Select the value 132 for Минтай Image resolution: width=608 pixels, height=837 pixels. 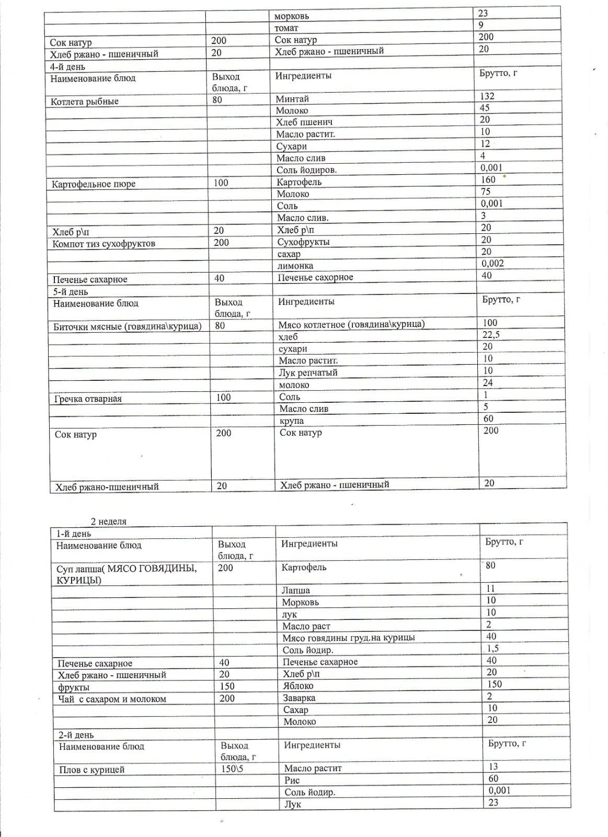[487, 96]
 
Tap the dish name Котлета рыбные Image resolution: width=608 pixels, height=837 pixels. [85, 101]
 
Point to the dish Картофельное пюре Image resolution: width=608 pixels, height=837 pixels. [94, 184]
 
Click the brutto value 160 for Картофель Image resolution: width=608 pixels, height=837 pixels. [488, 179]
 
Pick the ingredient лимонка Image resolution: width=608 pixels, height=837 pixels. [295, 266]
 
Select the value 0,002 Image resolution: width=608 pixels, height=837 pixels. [492, 263]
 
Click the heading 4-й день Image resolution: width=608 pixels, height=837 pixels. [67, 67]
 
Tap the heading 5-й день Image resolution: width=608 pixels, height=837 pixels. [71, 292]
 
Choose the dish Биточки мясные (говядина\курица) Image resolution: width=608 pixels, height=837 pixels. [128, 326]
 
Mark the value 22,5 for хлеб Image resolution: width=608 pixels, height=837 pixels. [491, 335]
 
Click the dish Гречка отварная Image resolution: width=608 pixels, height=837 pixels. [88, 399]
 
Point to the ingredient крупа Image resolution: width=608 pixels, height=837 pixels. [291, 421]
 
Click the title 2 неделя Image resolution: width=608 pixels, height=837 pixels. [109, 522]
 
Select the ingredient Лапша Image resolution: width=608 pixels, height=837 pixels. [296, 590]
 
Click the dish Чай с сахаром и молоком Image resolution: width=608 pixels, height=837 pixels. [112, 699]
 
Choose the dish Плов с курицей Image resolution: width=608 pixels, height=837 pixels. [91, 770]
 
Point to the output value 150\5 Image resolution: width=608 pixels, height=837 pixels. [232, 769]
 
